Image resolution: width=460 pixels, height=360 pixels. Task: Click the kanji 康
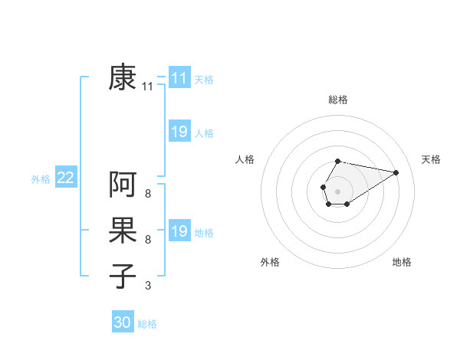tap(123, 78)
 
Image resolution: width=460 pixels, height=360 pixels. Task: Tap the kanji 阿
tap(123, 185)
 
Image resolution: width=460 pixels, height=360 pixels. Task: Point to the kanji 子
tap(123, 276)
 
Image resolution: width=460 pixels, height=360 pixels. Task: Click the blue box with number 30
tap(123, 322)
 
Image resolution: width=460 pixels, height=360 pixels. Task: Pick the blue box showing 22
tap(66, 178)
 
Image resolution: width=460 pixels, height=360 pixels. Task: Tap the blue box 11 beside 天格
tap(179, 78)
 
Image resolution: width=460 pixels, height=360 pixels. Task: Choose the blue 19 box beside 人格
tap(179, 132)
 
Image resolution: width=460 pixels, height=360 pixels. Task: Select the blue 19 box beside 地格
tap(179, 231)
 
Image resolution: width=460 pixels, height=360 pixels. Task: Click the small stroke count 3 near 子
tap(148, 286)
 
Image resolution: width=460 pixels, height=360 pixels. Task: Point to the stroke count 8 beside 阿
tap(148, 194)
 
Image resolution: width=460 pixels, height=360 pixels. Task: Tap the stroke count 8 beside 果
tap(148, 240)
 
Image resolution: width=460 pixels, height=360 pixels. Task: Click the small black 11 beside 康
tap(148, 87)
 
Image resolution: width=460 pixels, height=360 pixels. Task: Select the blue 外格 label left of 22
tap(41, 178)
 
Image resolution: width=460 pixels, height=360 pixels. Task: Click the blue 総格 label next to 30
tap(147, 324)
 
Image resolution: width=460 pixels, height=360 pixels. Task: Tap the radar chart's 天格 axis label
tap(431, 159)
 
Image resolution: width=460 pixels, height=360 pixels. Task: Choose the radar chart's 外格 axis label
tap(270, 262)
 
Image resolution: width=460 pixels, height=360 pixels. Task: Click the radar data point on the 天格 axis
tap(396, 172)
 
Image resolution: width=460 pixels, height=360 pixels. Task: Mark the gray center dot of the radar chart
tap(337, 190)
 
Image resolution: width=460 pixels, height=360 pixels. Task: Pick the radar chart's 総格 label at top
tap(337, 100)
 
